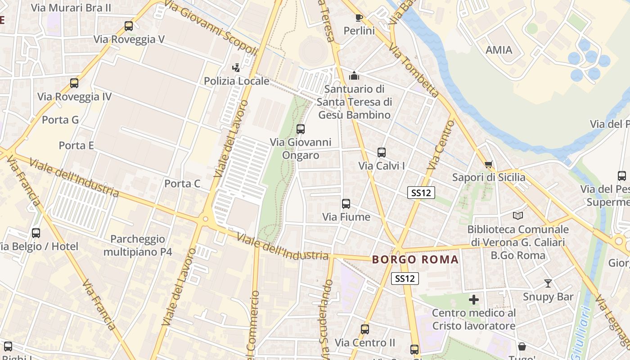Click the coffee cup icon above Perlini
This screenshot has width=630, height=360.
(x=359, y=18)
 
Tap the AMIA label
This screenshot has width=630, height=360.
(x=499, y=50)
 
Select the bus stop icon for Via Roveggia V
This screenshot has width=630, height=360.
(x=129, y=26)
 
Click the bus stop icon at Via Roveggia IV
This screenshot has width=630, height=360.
(x=74, y=83)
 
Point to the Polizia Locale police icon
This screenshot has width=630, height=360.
(x=236, y=68)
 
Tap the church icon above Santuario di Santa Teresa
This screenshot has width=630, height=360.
(x=354, y=75)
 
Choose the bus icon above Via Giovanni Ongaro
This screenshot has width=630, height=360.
(x=301, y=129)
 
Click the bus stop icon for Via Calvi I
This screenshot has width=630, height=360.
(x=382, y=153)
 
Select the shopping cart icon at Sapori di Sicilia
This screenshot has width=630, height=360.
(x=489, y=164)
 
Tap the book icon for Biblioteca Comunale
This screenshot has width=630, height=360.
(x=518, y=216)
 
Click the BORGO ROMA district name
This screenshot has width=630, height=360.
(x=415, y=260)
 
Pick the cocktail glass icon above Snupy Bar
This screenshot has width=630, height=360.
(x=548, y=283)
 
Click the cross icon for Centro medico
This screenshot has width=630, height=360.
(x=474, y=300)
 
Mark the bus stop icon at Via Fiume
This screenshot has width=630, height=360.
(x=346, y=204)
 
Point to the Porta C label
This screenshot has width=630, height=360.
(x=182, y=184)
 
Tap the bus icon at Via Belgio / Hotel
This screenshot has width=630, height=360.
(x=36, y=233)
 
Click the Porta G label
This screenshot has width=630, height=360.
(x=60, y=120)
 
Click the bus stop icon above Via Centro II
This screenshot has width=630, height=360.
(x=365, y=329)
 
